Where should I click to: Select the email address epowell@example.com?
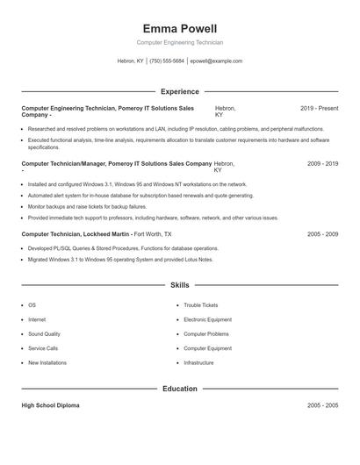click(x=216, y=61)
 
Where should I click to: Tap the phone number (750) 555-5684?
click(x=167, y=61)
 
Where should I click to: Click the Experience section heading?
click(x=180, y=91)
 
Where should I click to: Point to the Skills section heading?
click(x=180, y=285)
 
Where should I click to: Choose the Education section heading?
click(x=180, y=389)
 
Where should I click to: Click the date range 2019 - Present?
click(x=319, y=108)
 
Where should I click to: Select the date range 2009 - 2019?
click(x=322, y=163)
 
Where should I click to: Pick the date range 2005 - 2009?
click(x=322, y=234)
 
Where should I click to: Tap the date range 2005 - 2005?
click(x=322, y=406)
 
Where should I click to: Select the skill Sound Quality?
click(x=44, y=334)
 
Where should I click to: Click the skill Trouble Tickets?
click(x=201, y=305)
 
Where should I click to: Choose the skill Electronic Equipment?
click(x=207, y=319)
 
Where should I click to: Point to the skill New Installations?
click(x=47, y=362)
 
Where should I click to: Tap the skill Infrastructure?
click(x=199, y=362)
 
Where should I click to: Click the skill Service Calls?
click(x=43, y=348)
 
